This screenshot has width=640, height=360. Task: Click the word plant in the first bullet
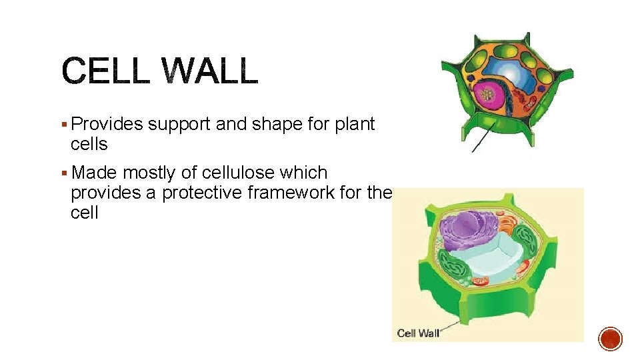coord(355,125)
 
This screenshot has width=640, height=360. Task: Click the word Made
coord(94,173)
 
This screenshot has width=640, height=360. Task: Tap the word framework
coord(308,193)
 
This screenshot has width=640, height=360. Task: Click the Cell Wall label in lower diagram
coord(418,333)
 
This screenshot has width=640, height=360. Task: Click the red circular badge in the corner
coord(611,339)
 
